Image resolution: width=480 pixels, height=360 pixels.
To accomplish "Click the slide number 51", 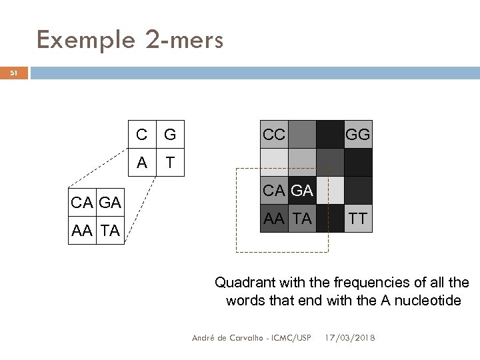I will pyautogui.click(x=14, y=73).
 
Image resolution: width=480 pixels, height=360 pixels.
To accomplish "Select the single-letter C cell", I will pyautogui.click(x=141, y=135).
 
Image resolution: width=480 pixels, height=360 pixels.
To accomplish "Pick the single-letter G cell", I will pyautogui.click(x=169, y=135).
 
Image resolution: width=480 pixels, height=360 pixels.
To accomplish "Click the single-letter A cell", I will pyautogui.click(x=141, y=162).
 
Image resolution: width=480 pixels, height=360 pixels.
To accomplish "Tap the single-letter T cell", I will pyautogui.click(x=169, y=162).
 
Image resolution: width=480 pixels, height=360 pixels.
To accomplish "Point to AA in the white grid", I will pyautogui.click(x=83, y=231).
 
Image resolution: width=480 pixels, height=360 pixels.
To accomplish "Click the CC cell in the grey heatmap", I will pyautogui.click(x=273, y=135).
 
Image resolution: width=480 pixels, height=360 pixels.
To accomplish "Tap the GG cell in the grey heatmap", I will pyautogui.click(x=358, y=135).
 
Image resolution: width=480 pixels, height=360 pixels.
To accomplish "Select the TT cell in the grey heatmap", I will pyautogui.click(x=358, y=218).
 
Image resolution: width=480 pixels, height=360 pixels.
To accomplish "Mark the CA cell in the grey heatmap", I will pyautogui.click(x=273, y=191).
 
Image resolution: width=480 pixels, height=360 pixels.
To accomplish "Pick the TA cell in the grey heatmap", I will pyautogui.click(x=302, y=218).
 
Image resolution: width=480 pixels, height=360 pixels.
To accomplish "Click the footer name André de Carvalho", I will pyautogui.click(x=227, y=338).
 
